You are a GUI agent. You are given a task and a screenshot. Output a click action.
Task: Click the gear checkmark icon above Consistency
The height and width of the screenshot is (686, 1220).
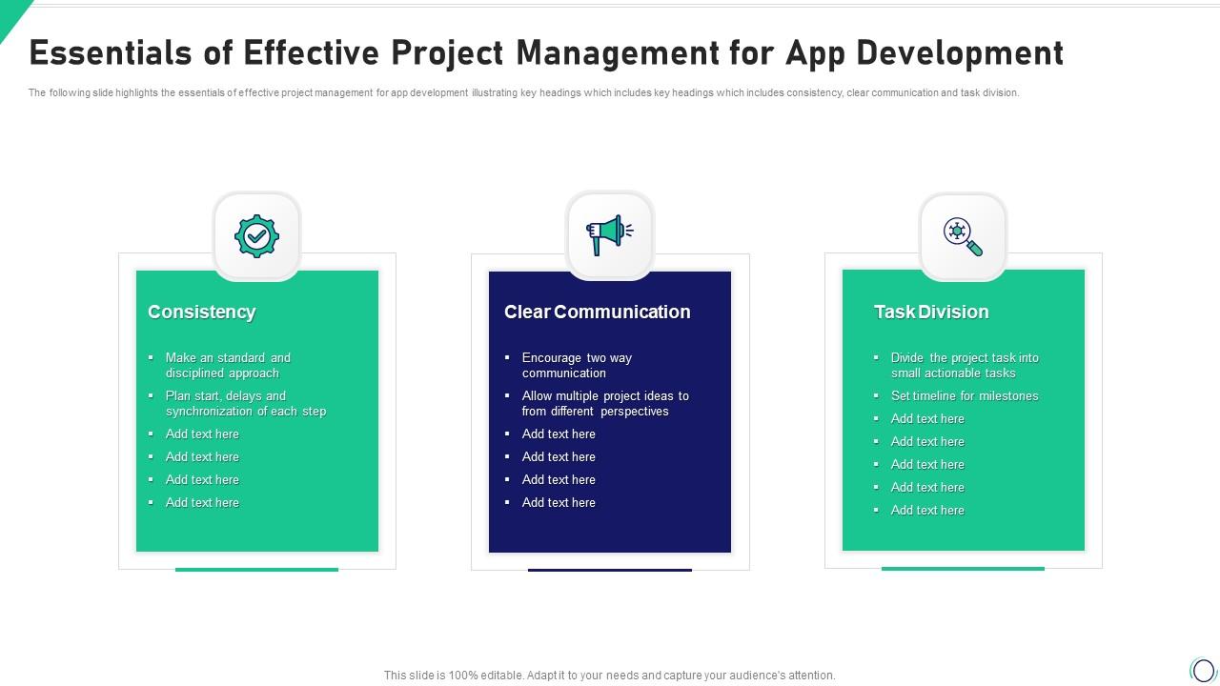[256, 236]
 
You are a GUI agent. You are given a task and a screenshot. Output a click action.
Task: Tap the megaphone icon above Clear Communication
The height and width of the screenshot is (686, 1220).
[609, 234]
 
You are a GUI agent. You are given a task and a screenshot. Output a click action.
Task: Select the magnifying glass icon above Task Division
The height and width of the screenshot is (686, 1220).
[963, 235]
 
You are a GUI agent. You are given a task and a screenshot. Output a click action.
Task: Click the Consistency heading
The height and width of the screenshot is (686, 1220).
[201, 312]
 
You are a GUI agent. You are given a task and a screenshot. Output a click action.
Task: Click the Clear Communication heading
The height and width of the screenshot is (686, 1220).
[597, 312]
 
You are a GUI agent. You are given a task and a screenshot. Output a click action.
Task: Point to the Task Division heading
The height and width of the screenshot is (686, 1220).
[931, 312]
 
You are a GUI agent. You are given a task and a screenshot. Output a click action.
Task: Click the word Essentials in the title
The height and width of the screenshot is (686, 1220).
[112, 53]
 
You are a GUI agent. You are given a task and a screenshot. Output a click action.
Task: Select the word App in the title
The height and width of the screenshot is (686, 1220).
[815, 53]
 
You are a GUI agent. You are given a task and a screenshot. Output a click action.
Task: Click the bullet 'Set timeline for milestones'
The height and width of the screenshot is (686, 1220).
[964, 395]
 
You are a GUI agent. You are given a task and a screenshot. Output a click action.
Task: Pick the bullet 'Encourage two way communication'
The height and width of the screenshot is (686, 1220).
[577, 365]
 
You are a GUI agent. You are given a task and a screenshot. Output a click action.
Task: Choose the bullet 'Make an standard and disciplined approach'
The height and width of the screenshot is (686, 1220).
[228, 365]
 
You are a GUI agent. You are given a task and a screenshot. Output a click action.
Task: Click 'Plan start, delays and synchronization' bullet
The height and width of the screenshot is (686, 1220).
[245, 403]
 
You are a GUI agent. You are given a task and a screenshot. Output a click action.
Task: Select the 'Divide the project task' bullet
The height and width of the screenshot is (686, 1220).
[964, 365]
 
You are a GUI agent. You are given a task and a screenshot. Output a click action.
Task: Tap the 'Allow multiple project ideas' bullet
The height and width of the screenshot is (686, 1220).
[604, 403]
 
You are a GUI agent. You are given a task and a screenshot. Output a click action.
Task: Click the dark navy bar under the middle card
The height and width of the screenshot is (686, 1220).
[610, 570]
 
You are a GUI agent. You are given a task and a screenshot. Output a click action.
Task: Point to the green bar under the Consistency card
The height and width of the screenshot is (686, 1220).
[256, 570]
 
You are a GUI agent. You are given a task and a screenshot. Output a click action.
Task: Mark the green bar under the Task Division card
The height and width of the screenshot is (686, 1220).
[963, 569]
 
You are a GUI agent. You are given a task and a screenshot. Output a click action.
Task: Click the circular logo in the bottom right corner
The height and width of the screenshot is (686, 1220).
[1203, 670]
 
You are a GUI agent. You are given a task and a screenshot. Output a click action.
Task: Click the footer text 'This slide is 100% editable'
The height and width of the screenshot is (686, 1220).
[609, 675]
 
